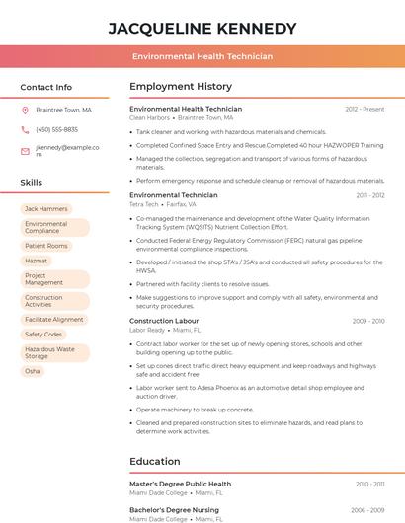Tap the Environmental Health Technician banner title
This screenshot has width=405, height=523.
[202, 56]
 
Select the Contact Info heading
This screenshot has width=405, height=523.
[45, 87]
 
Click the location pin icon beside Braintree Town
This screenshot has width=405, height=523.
[25, 111]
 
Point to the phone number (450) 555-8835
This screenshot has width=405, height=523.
[56, 130]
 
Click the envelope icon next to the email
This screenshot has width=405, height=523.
[25, 151]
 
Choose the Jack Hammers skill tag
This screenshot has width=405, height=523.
[45, 209]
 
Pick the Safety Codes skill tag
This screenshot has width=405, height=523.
[43, 335]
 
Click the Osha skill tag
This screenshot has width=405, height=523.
[33, 371]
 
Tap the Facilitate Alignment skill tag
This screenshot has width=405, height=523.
[54, 320]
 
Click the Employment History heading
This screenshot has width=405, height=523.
[181, 87]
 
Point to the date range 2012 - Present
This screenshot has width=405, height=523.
[364, 110]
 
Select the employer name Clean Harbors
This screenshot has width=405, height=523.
[149, 118]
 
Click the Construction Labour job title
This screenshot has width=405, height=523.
[164, 321]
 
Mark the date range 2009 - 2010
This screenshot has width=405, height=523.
[367, 321]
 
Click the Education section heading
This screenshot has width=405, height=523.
[154, 461]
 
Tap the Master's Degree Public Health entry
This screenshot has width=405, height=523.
[180, 485]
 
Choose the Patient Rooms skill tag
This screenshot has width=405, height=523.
[46, 246]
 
